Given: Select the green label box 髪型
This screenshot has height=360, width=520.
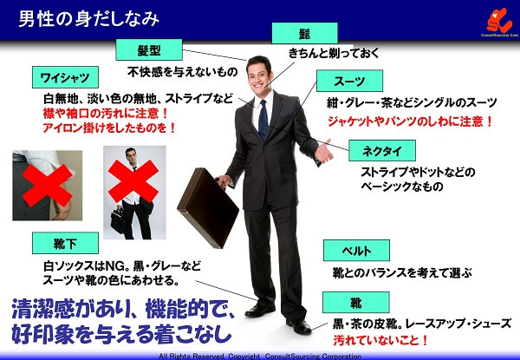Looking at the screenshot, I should [x=153, y=49].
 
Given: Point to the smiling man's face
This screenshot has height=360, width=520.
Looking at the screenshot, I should [x=258, y=73].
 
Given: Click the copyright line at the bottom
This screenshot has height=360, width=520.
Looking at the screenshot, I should [x=260, y=355].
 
